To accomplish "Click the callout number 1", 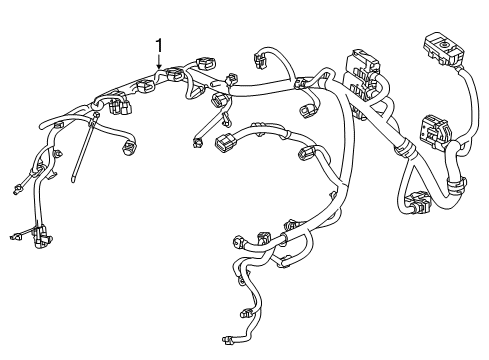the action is pyautogui.click(x=158, y=44).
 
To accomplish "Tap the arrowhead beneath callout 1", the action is pyautogui.click(x=158, y=69).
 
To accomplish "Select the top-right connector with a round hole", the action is pyautogui.click(x=438, y=46).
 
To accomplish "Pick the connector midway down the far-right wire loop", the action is pyautogui.click(x=434, y=130).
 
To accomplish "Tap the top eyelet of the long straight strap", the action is pyautogui.click(x=92, y=119).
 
